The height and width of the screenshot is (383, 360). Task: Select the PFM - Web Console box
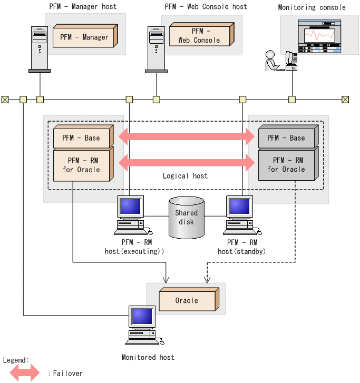pos(199,36)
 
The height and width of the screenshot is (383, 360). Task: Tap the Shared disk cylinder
pos(186,217)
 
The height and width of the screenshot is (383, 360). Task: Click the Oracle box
pos(187,301)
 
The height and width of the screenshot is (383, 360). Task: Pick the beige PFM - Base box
pos(82,138)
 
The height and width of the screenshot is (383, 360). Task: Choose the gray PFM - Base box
pos(286,138)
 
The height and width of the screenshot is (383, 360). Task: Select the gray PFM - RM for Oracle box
pos(286,164)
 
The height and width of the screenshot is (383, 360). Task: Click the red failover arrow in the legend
pos(22,373)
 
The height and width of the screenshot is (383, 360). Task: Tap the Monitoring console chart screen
pos(317,35)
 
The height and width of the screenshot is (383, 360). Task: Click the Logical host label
pos(185,176)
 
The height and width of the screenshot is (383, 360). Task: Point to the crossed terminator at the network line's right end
pos(345,99)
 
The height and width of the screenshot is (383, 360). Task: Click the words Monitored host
pos(148,357)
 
